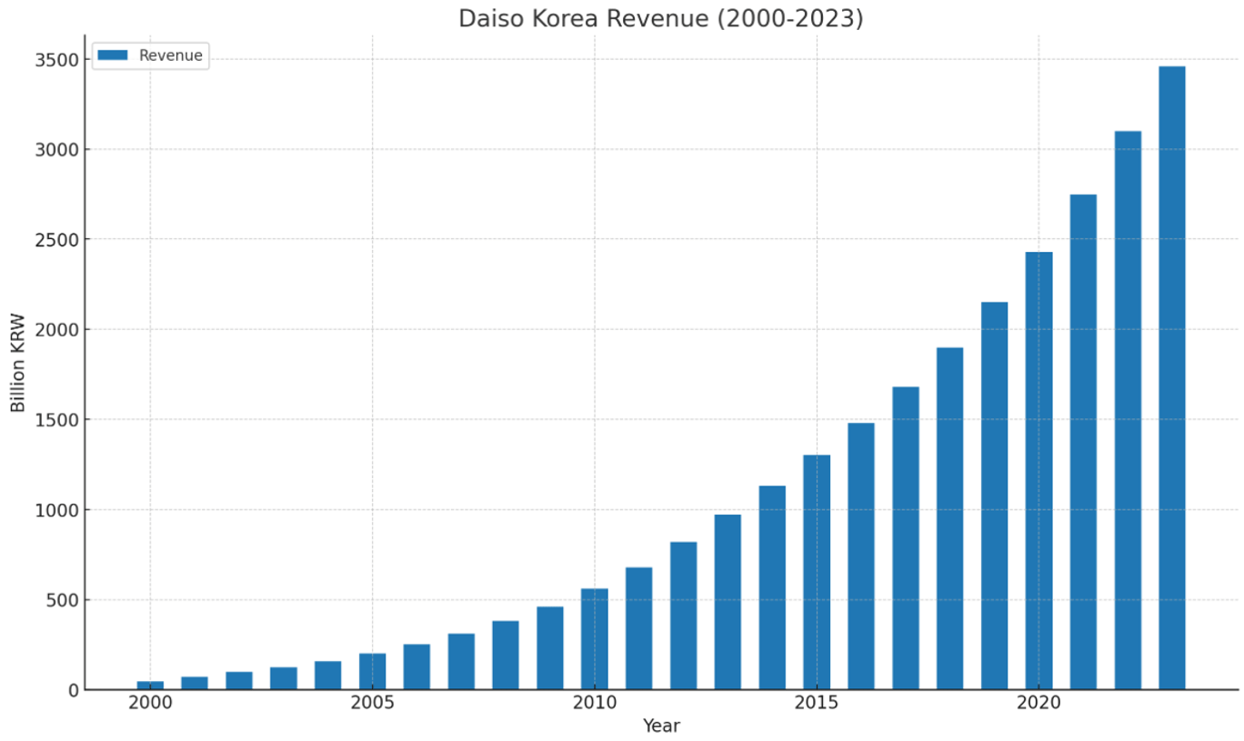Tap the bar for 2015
tap(817, 572)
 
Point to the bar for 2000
tap(150, 685)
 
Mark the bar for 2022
tap(1128, 410)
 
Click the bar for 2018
tap(949, 518)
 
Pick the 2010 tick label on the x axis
tap(595, 704)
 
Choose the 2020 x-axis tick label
tap(1038, 704)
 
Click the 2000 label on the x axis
tap(150, 704)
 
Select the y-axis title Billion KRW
tap(18, 363)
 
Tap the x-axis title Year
tap(661, 726)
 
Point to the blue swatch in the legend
tap(113, 55)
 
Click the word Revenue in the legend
tap(170, 55)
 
